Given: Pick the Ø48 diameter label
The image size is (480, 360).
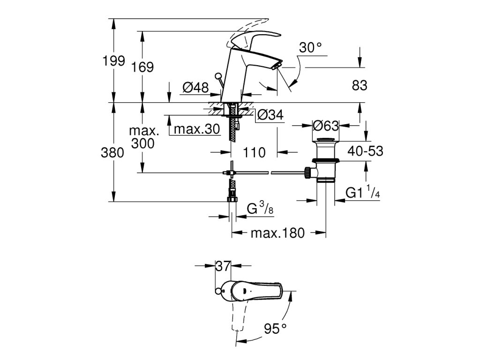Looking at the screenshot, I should pyautogui.click(x=195, y=87).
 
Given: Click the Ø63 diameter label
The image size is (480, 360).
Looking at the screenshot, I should pyautogui.click(x=325, y=126).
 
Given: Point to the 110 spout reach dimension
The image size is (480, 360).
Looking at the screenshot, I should pyautogui.click(x=254, y=152).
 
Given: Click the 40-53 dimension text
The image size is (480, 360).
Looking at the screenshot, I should pyautogui.click(x=365, y=151).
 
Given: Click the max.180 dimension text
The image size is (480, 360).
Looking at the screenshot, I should pyautogui.click(x=277, y=233).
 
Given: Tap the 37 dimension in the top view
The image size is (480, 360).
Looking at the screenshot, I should pyautogui.click(x=223, y=266).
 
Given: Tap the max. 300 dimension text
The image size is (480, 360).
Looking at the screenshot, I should pyautogui.click(x=142, y=137).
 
